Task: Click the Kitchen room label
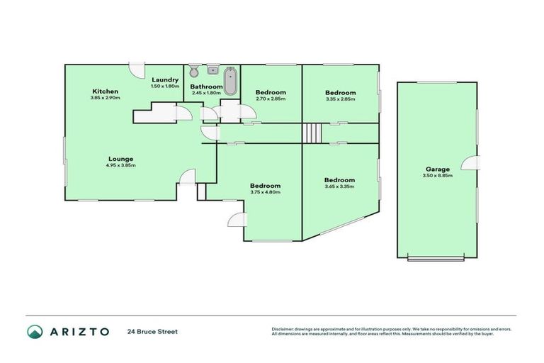104,91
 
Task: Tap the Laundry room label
164,79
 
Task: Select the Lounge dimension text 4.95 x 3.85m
121,165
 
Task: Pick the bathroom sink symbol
212,70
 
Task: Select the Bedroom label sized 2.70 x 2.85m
271,92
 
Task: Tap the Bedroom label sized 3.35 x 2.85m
340,92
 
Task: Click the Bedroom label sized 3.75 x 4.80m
265,185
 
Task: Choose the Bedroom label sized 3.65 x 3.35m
339,179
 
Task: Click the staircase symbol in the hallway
312,133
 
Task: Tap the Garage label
436,169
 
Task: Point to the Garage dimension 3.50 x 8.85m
436,175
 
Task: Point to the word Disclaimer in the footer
283,328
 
